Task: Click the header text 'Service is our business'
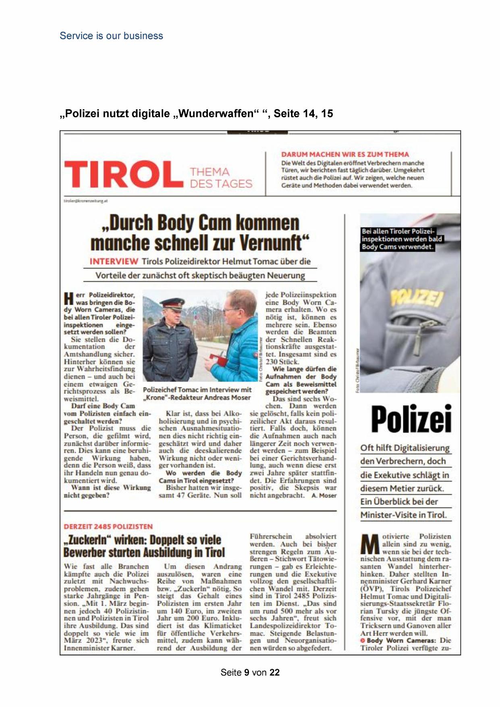[x=111, y=36]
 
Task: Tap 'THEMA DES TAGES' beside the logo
[x=221, y=178]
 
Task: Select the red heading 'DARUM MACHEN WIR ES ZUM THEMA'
[x=345, y=154]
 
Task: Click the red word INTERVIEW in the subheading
[x=114, y=262]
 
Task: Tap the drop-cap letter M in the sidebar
[x=370, y=544]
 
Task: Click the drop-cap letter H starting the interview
[x=68, y=298]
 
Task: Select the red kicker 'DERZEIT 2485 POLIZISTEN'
[x=108, y=526]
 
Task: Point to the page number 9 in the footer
[x=247, y=672]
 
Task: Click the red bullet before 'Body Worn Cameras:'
[x=363, y=640]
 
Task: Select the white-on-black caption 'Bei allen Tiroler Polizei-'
[x=398, y=231]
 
